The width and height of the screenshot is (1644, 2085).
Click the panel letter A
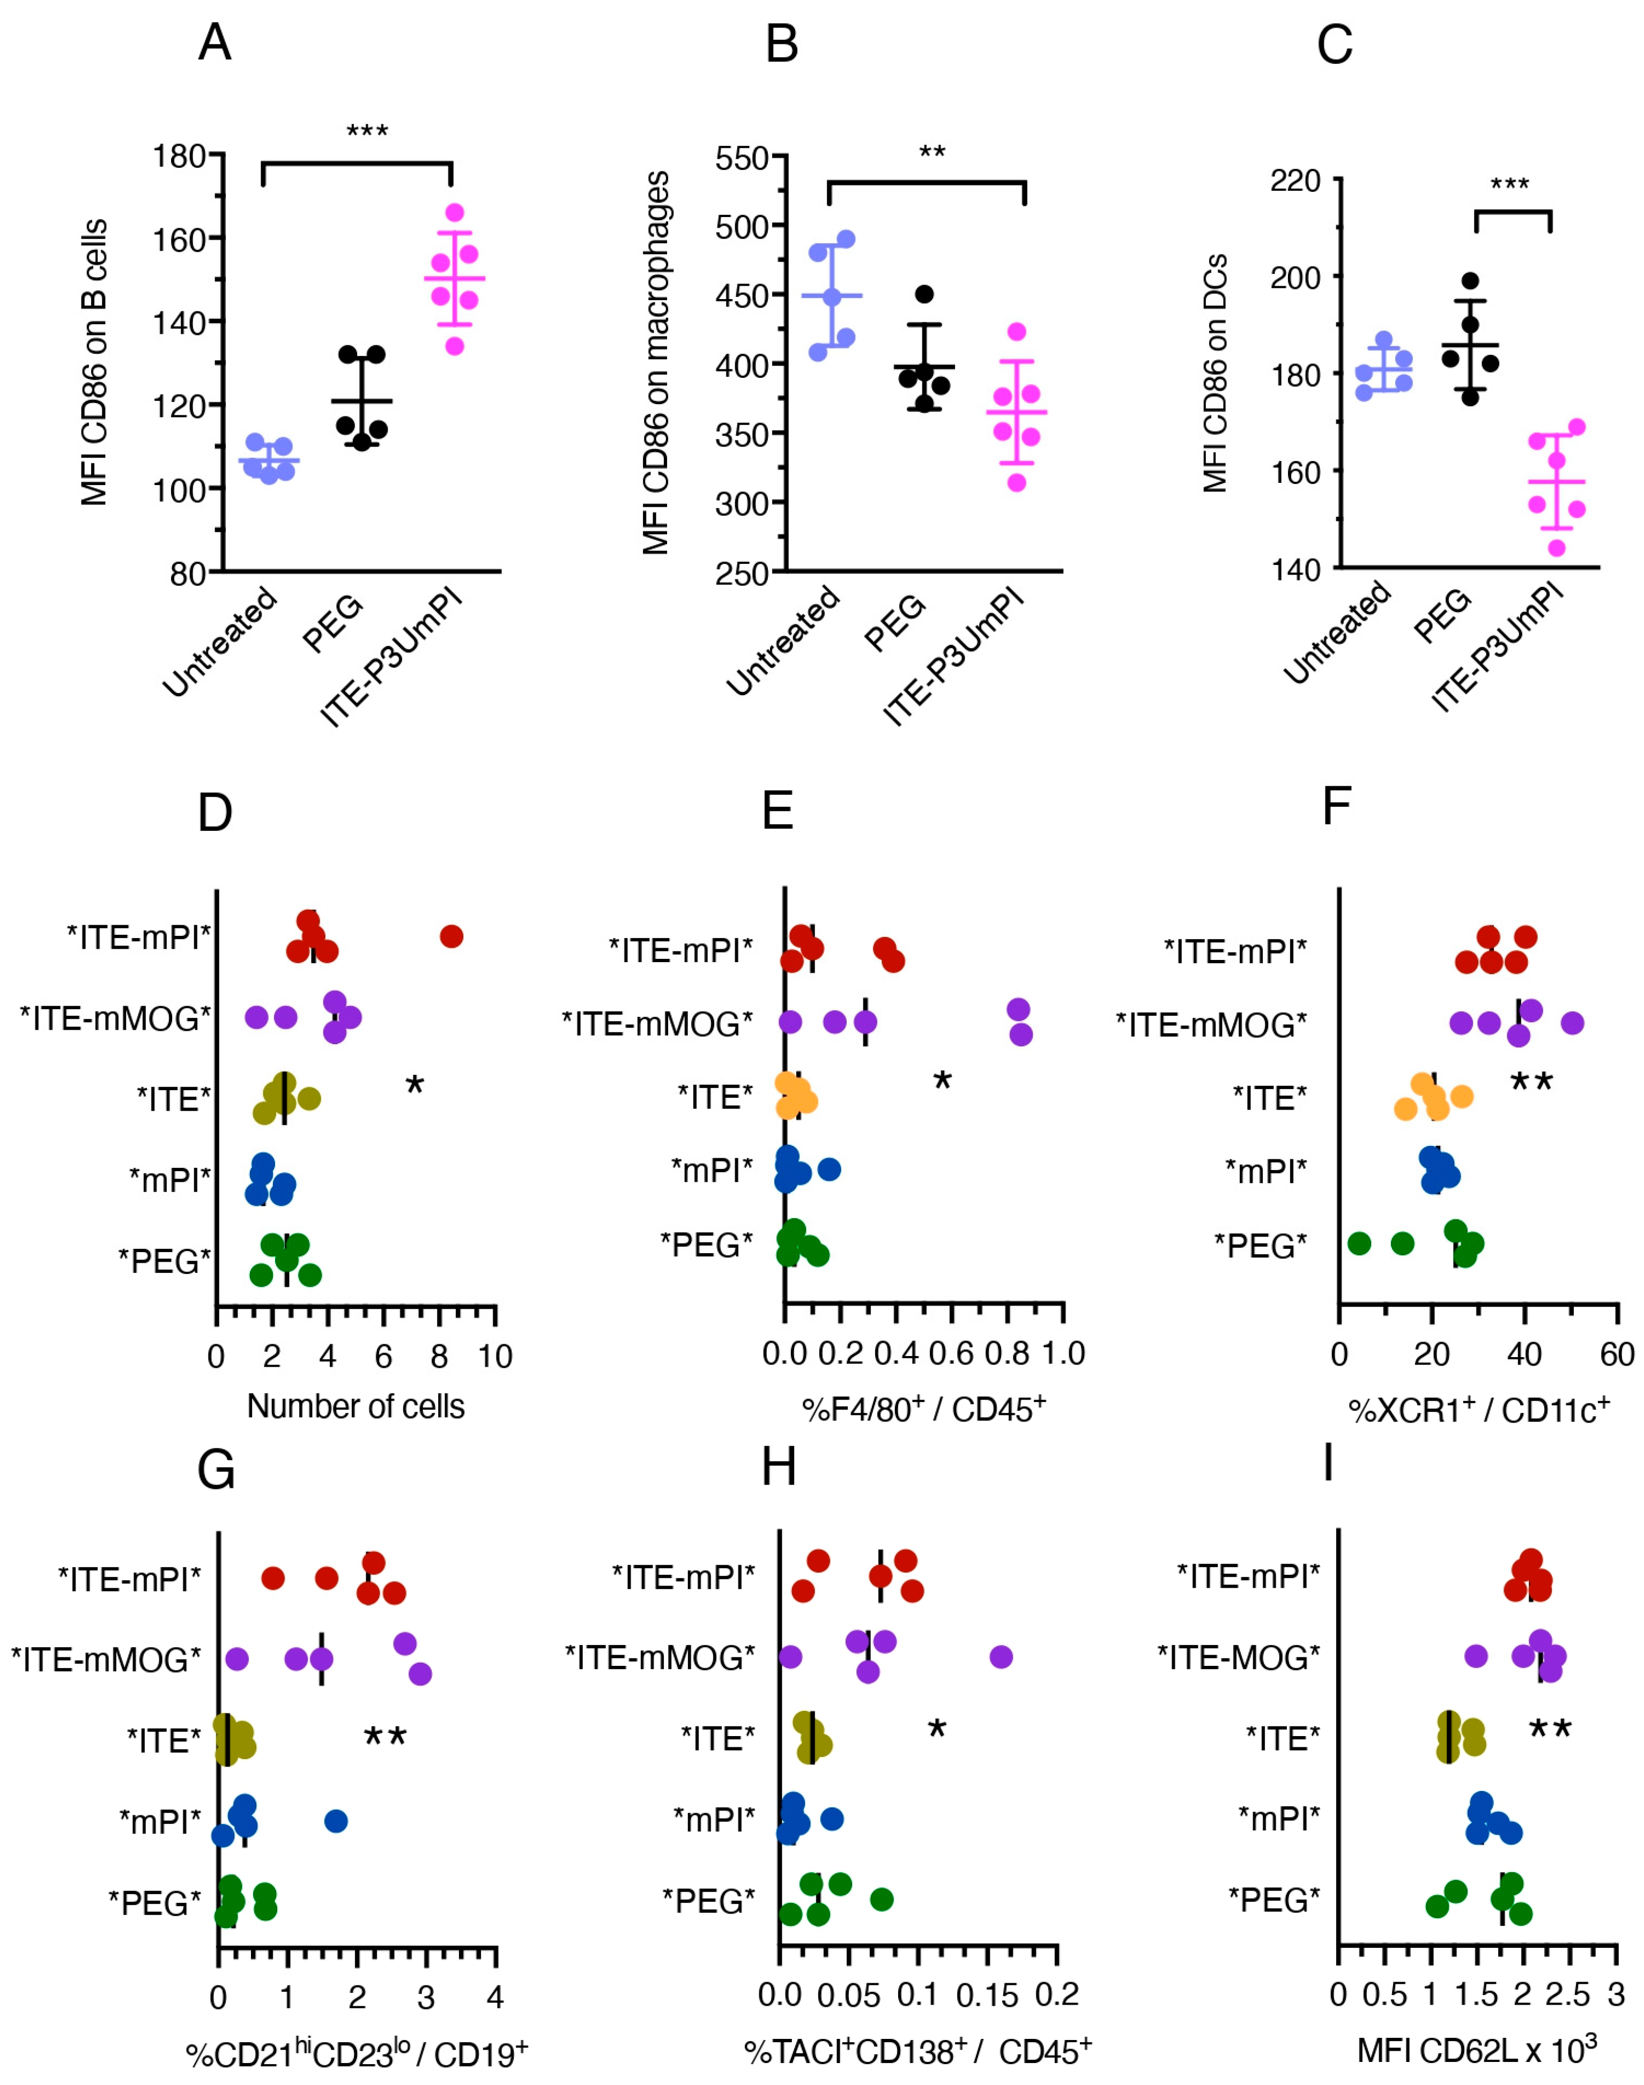click(214, 43)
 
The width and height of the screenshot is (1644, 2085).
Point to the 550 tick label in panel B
click(742, 158)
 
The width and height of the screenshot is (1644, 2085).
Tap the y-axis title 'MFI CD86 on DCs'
click(1216, 374)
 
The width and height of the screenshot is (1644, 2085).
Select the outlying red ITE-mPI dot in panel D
click(451, 936)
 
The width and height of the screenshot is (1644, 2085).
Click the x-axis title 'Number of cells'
click(355, 1406)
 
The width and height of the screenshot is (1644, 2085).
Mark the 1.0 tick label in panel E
click(1064, 1354)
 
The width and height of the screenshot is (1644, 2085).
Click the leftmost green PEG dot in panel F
click(1359, 1244)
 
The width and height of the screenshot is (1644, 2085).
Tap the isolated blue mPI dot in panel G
click(336, 1820)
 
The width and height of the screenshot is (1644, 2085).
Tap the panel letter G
click(216, 1469)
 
